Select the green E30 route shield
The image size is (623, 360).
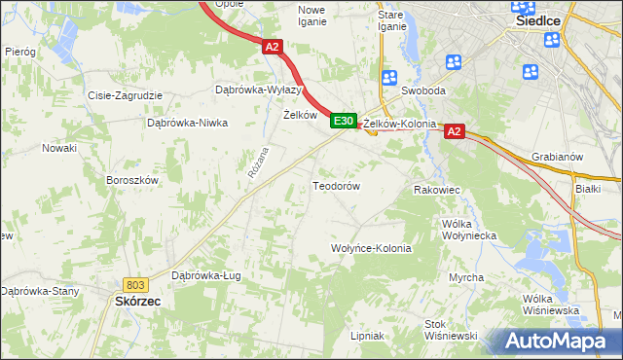click(341, 121)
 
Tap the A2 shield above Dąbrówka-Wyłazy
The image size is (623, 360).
click(272, 46)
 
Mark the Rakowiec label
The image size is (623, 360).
click(435, 190)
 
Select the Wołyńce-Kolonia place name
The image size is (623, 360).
click(372, 248)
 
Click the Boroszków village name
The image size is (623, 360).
click(131, 180)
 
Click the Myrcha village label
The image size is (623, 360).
click(466, 277)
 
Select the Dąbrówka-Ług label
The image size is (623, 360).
click(205, 275)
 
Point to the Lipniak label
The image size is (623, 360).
click(367, 336)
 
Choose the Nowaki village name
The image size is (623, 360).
click(58, 148)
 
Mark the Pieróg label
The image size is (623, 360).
click(20, 51)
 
